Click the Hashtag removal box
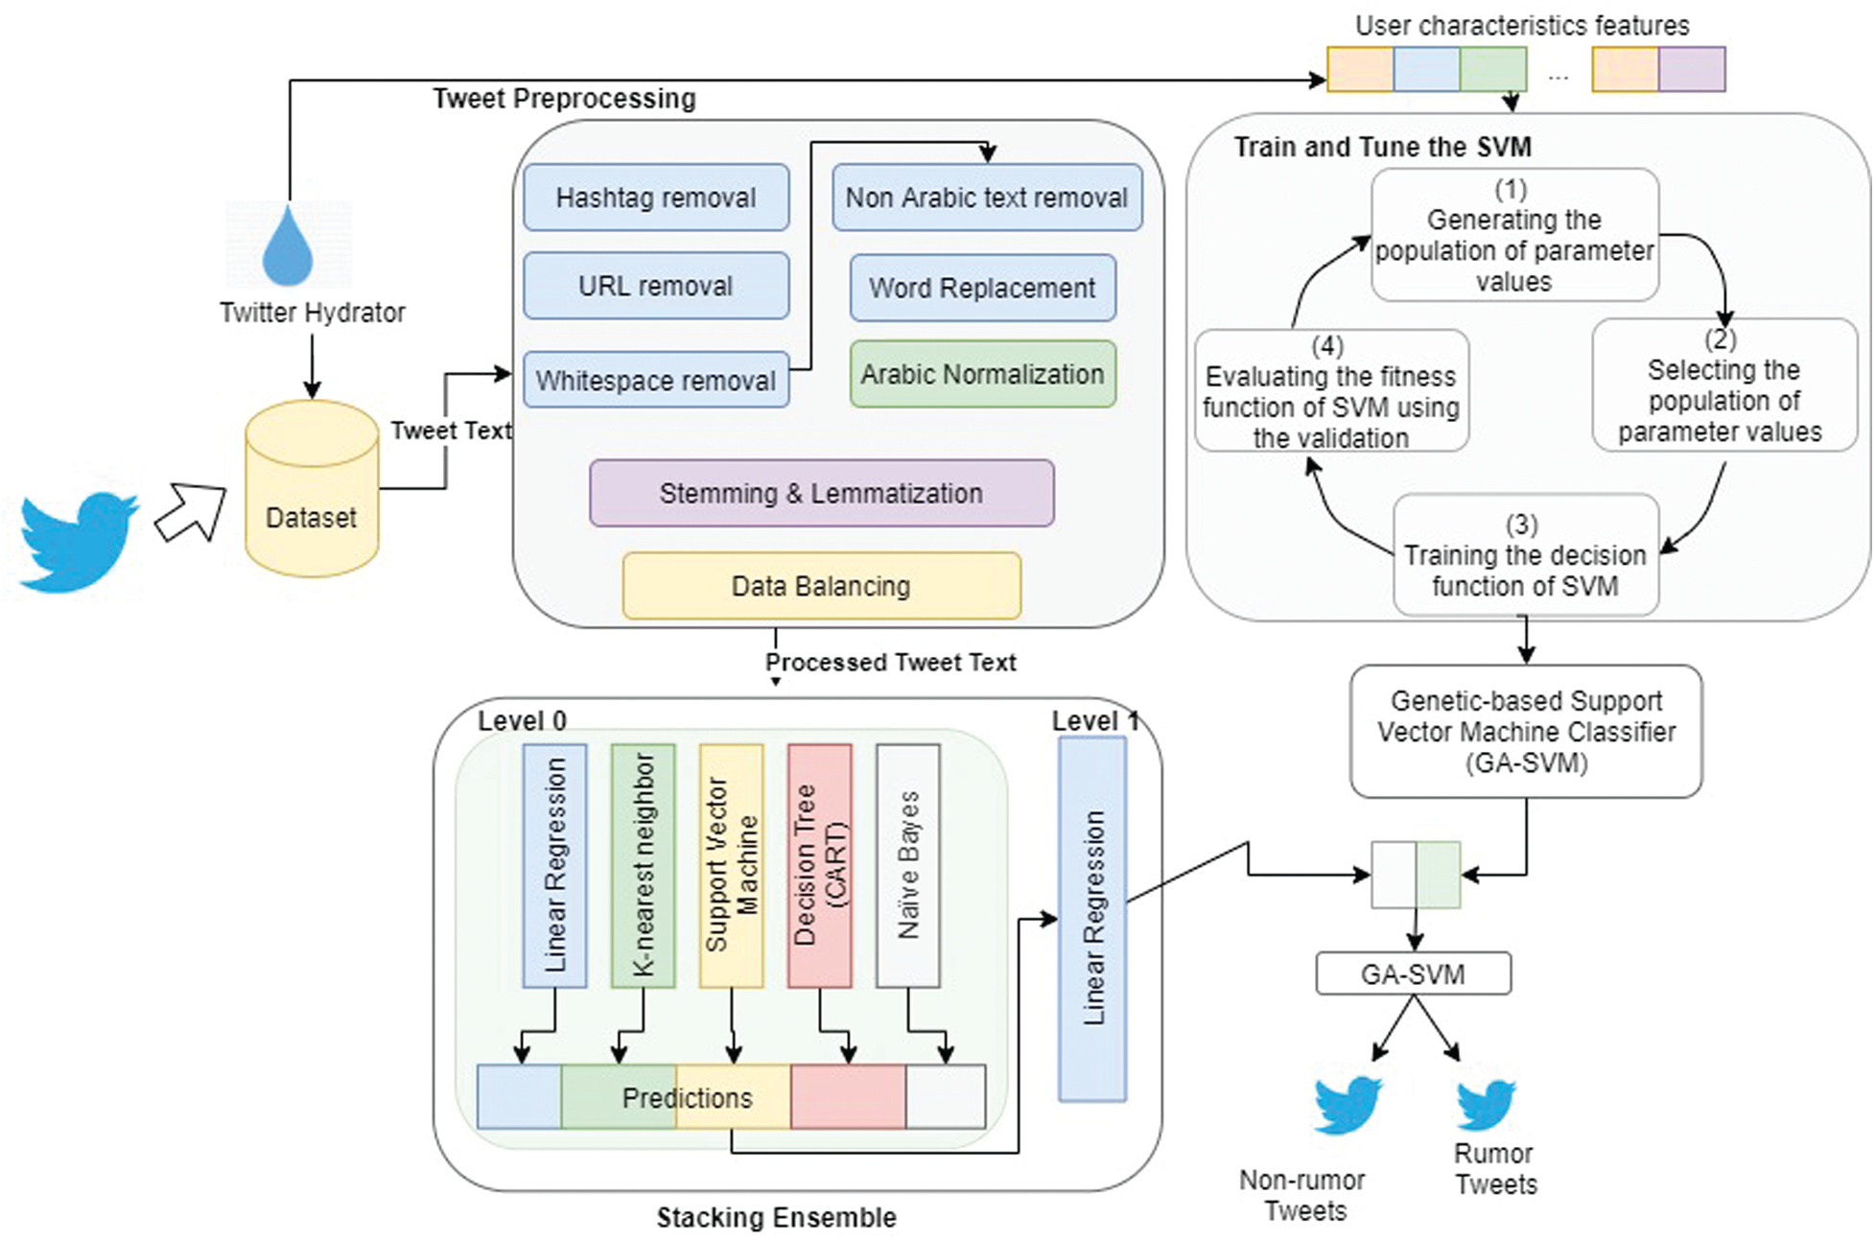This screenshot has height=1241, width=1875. [x=656, y=198]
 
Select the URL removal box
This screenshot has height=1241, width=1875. [x=656, y=286]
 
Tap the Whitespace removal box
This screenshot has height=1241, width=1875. [x=656, y=380]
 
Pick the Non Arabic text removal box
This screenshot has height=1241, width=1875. [x=987, y=198]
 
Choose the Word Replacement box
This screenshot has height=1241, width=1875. [x=982, y=288]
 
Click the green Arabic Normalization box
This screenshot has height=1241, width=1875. [x=982, y=374]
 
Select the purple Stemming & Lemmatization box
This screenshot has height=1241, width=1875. [x=821, y=493]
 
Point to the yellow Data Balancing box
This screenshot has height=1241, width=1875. [x=821, y=586]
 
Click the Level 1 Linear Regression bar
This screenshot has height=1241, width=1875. [x=1092, y=918]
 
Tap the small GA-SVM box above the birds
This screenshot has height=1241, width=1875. [x=1413, y=973]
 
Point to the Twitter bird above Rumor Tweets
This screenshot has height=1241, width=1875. [x=1486, y=1105]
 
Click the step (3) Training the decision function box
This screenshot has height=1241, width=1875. [x=1525, y=554]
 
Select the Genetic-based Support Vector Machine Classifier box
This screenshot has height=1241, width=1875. [x=1526, y=732]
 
